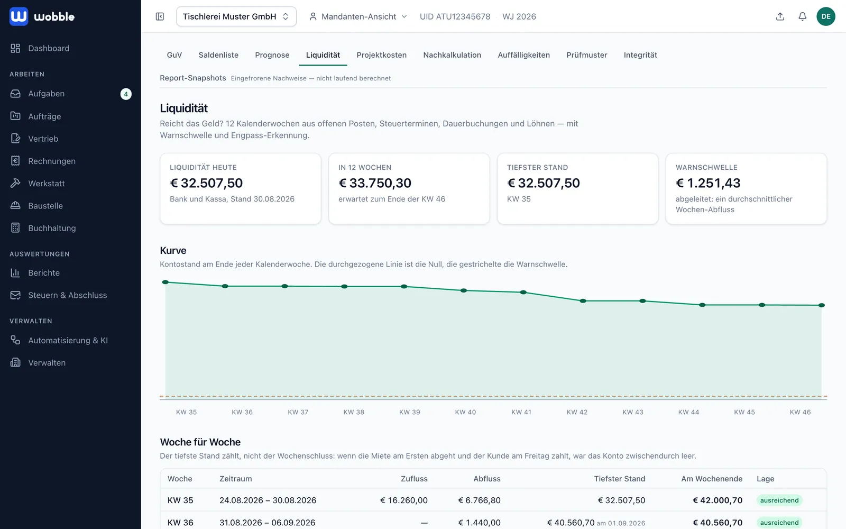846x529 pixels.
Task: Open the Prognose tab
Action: (272, 55)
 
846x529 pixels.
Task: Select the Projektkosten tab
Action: (381, 55)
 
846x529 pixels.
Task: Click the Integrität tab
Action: (640, 55)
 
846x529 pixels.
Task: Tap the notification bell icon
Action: (802, 16)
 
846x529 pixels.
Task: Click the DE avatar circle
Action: (825, 16)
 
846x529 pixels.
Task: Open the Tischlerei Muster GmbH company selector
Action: (236, 16)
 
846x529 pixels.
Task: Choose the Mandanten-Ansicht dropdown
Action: (358, 16)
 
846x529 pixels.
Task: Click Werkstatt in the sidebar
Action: (46, 183)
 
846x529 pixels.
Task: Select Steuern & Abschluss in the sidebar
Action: (67, 295)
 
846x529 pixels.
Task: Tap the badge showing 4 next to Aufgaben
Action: (126, 94)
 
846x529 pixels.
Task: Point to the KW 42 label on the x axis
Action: (577, 412)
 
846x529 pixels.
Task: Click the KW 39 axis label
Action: (409, 412)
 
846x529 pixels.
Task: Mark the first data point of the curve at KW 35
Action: (165, 282)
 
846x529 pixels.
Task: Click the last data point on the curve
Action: (822, 305)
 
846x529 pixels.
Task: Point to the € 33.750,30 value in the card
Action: (375, 183)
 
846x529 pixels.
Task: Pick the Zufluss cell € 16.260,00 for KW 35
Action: (404, 500)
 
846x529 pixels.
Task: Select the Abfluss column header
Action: (487, 479)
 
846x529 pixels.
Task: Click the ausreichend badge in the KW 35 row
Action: (779, 500)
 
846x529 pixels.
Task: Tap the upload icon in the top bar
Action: (780, 16)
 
